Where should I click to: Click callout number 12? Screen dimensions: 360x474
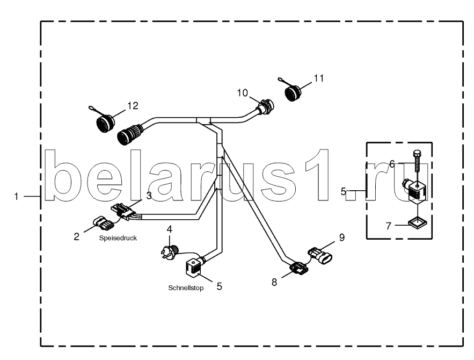[132, 105]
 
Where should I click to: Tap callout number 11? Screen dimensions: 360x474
[319, 78]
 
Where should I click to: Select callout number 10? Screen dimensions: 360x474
[243, 93]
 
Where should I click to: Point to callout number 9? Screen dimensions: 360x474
[341, 236]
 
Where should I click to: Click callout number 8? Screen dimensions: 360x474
[274, 281]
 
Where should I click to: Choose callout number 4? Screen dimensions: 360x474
[170, 229]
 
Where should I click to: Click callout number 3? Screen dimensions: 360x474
[150, 196]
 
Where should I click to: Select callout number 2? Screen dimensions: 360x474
[77, 236]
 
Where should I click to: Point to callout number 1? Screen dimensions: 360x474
[18, 197]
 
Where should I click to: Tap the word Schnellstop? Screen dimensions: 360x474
[186, 288]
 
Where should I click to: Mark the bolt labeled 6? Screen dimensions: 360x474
[417, 161]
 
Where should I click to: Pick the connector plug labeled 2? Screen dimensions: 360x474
[101, 222]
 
